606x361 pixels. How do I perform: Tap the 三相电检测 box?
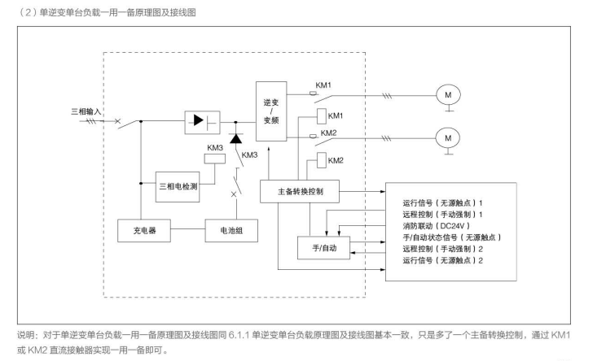pyautogui.click(x=181, y=187)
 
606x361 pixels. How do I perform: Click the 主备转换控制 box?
pyautogui.click(x=299, y=191)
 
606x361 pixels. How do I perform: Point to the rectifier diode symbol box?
pyautogui.click(x=204, y=120)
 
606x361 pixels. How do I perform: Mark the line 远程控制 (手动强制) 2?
pyautogui.click(x=444, y=247)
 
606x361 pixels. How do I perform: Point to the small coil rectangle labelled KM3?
pyautogui.click(x=214, y=159)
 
